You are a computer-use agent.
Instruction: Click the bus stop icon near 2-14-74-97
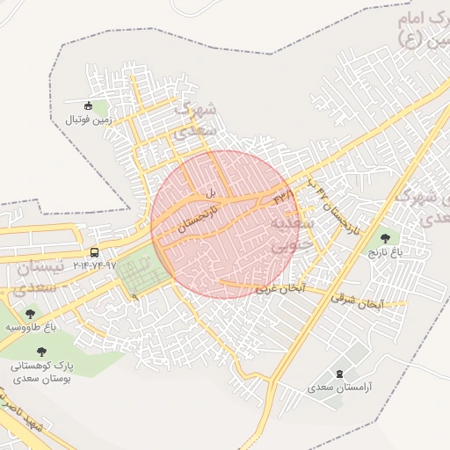coord(94,252)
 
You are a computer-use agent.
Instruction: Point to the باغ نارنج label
coord(384,252)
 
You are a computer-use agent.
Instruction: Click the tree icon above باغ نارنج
coord(384,238)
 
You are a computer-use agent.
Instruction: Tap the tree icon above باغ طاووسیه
coord(31,314)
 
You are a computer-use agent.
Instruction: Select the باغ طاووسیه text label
coord(31,327)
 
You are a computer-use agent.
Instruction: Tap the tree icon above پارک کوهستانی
coord(43,349)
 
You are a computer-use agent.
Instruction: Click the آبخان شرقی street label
coord(357,300)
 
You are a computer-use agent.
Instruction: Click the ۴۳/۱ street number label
coord(283,194)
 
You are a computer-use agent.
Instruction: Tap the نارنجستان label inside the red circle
coord(196,215)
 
